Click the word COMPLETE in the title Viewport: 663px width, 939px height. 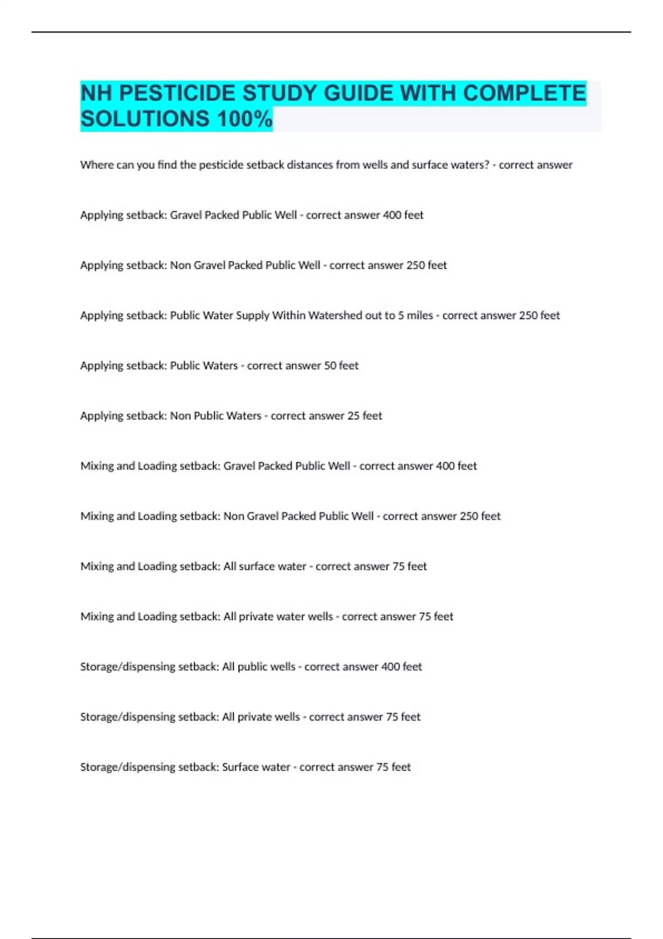(524, 93)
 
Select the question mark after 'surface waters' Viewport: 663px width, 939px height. (486, 165)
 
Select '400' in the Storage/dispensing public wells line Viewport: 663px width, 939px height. (391, 667)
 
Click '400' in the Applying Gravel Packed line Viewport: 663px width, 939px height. (392, 215)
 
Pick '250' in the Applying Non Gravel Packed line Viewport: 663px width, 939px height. (416, 265)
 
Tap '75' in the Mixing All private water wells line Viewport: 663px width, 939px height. (425, 616)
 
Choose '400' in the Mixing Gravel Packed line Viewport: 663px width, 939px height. (445, 466)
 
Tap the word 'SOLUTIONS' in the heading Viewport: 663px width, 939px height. (145, 119)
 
